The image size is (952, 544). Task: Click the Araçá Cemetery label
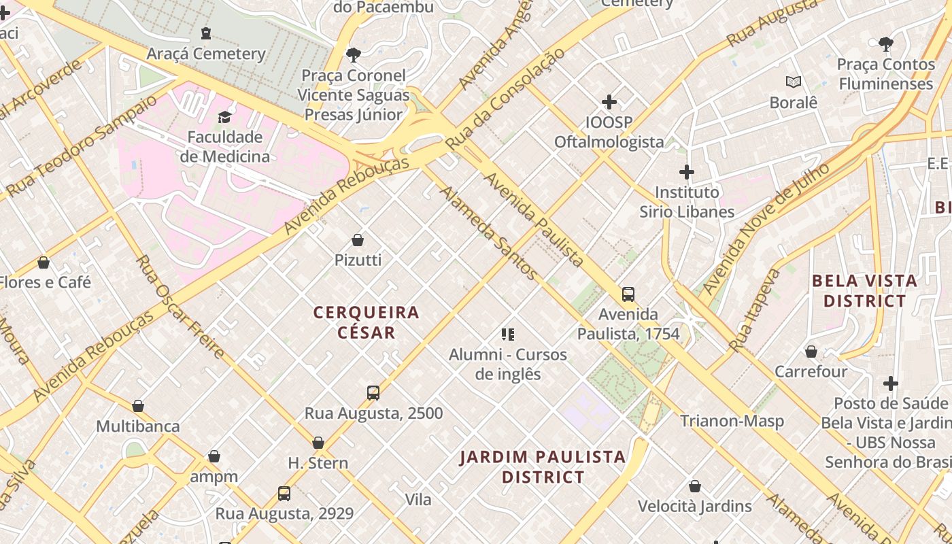(206, 54)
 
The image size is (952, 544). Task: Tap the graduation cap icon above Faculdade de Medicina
(225, 117)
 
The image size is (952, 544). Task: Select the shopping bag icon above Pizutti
(358, 240)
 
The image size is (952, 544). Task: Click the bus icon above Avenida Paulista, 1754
(628, 294)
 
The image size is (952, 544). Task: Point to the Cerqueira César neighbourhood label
(367, 322)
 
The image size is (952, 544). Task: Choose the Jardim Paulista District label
(543, 466)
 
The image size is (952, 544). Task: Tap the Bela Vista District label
(865, 290)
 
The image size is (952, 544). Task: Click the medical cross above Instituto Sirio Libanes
(687, 172)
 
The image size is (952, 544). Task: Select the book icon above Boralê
(794, 82)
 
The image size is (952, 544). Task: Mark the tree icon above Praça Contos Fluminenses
(885, 44)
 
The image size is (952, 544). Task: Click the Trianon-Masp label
(732, 421)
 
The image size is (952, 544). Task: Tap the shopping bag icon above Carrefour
(811, 352)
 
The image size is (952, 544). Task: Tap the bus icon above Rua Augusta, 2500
(373, 392)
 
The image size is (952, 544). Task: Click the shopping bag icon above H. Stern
(318, 443)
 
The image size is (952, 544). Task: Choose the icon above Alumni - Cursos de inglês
(508, 334)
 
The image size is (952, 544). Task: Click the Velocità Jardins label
(694, 507)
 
